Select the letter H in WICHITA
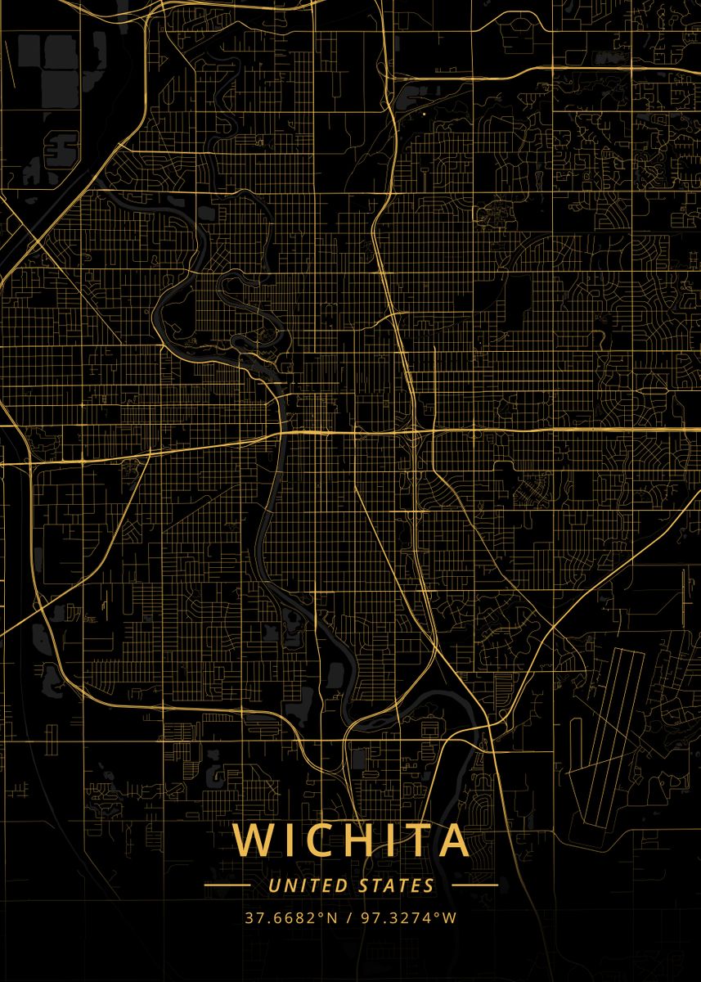pos(354,840)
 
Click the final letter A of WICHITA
pos(452,840)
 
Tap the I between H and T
pos(386,840)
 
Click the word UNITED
pos(308,885)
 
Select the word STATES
pos(397,885)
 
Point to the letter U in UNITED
pos(272,885)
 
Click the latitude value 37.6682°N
pos(291,918)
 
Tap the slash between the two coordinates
pos(348,918)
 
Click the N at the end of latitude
pos(332,918)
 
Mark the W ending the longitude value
pos(450,918)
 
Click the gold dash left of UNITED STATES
pos(227,885)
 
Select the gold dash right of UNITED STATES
pos(474,885)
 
